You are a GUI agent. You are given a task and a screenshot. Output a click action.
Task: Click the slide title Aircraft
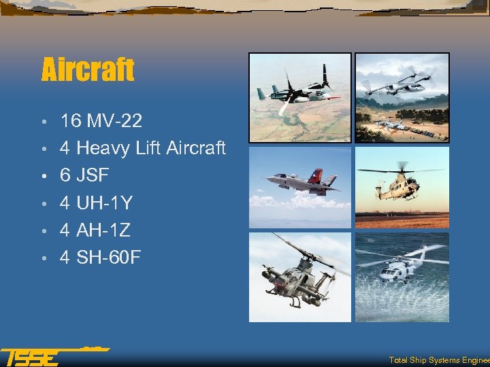(x=88, y=69)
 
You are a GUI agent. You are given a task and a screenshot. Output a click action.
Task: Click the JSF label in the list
(x=93, y=175)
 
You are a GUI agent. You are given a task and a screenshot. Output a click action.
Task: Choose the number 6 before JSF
(x=65, y=175)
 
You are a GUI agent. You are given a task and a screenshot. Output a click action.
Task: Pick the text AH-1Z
(x=104, y=230)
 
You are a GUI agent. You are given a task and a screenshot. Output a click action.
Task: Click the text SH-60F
(x=109, y=258)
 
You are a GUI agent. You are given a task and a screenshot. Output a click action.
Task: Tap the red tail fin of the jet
(x=316, y=176)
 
